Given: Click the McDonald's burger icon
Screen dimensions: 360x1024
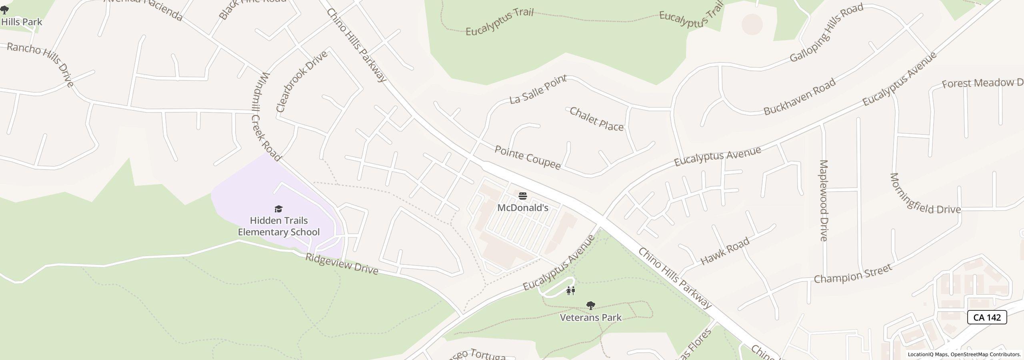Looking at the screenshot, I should pos(522,196).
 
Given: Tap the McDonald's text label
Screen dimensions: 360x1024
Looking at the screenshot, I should pos(522,208).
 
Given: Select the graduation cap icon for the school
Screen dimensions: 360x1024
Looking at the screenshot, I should pos(278,209).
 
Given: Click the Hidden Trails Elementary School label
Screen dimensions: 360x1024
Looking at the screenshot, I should pos(278,226).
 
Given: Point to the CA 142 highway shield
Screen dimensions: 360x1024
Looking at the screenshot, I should pos(987,317).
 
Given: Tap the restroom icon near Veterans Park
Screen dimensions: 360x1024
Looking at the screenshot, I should pos(571,291).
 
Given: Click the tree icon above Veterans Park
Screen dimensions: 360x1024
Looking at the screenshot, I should pos(590,306).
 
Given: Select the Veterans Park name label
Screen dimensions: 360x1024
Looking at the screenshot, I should pos(590,318).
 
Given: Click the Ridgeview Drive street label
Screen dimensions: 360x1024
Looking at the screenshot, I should pos(342,264).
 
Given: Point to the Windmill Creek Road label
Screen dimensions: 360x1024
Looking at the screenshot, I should pos(266,116).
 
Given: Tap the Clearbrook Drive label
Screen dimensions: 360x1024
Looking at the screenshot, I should pos(302,81).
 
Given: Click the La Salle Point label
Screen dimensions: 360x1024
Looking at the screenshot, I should pos(538,89).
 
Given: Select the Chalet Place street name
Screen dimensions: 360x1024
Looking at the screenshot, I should pos(596,119).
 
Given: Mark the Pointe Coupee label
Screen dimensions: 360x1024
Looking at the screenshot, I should pos(528,157).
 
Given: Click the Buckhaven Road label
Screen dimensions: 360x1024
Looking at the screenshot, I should pos(800,97).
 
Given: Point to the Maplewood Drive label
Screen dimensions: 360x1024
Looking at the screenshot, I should pos(823,200).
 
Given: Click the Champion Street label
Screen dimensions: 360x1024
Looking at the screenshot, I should pos(853,274).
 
